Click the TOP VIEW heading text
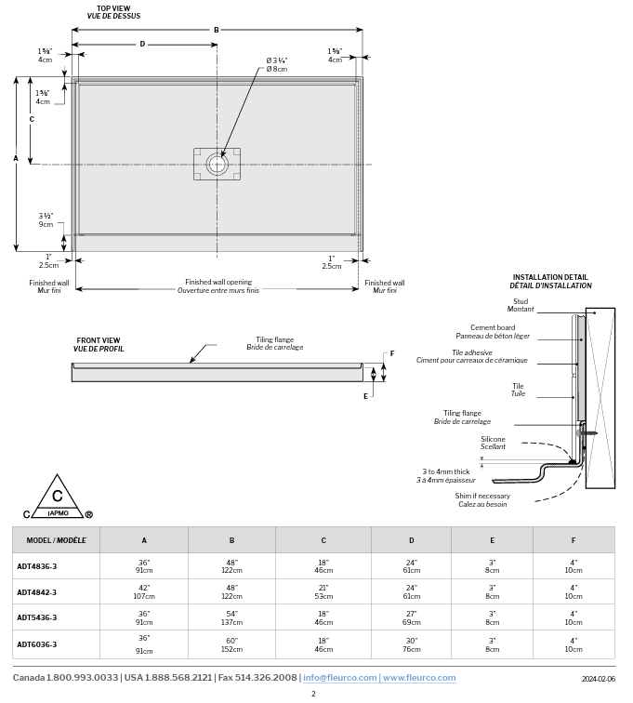click(x=113, y=8)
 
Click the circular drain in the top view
click(x=218, y=165)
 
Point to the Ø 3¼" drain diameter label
click(x=276, y=64)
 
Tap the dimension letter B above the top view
click(x=217, y=30)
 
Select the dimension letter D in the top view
click(x=142, y=44)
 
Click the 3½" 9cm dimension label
click(x=46, y=219)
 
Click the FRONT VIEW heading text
click(x=99, y=340)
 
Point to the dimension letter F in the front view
click(x=392, y=353)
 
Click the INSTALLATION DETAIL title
click(x=550, y=277)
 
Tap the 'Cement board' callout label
click(x=493, y=327)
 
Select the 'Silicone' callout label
click(x=494, y=438)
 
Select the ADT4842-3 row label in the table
click(x=37, y=592)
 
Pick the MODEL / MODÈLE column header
click(x=56, y=540)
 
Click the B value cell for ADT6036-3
click(x=231, y=644)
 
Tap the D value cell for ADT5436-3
click(x=412, y=618)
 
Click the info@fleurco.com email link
click(x=338, y=678)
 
